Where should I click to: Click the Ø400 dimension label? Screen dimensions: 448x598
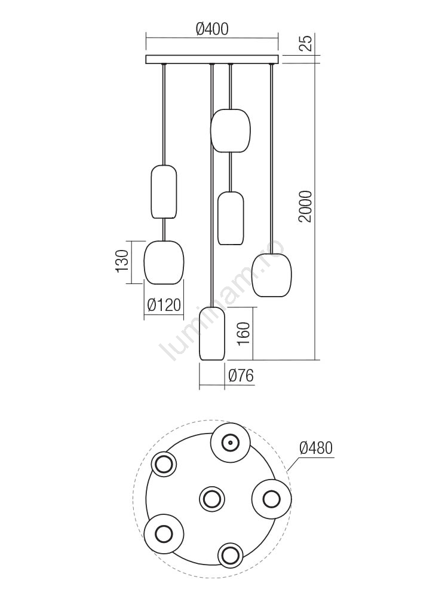coord(212,29)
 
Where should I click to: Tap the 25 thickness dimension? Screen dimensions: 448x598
coord(306,42)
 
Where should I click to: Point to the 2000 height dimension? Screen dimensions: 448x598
coord(305,206)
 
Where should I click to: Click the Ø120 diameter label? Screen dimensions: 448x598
coord(164,305)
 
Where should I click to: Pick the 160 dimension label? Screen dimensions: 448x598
coord(244,334)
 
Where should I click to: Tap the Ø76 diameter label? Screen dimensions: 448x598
coord(241,376)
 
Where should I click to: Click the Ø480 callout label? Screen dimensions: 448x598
coord(316,448)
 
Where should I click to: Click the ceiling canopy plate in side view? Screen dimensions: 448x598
coord(213,59)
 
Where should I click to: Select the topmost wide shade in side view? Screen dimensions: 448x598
coord(231,130)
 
